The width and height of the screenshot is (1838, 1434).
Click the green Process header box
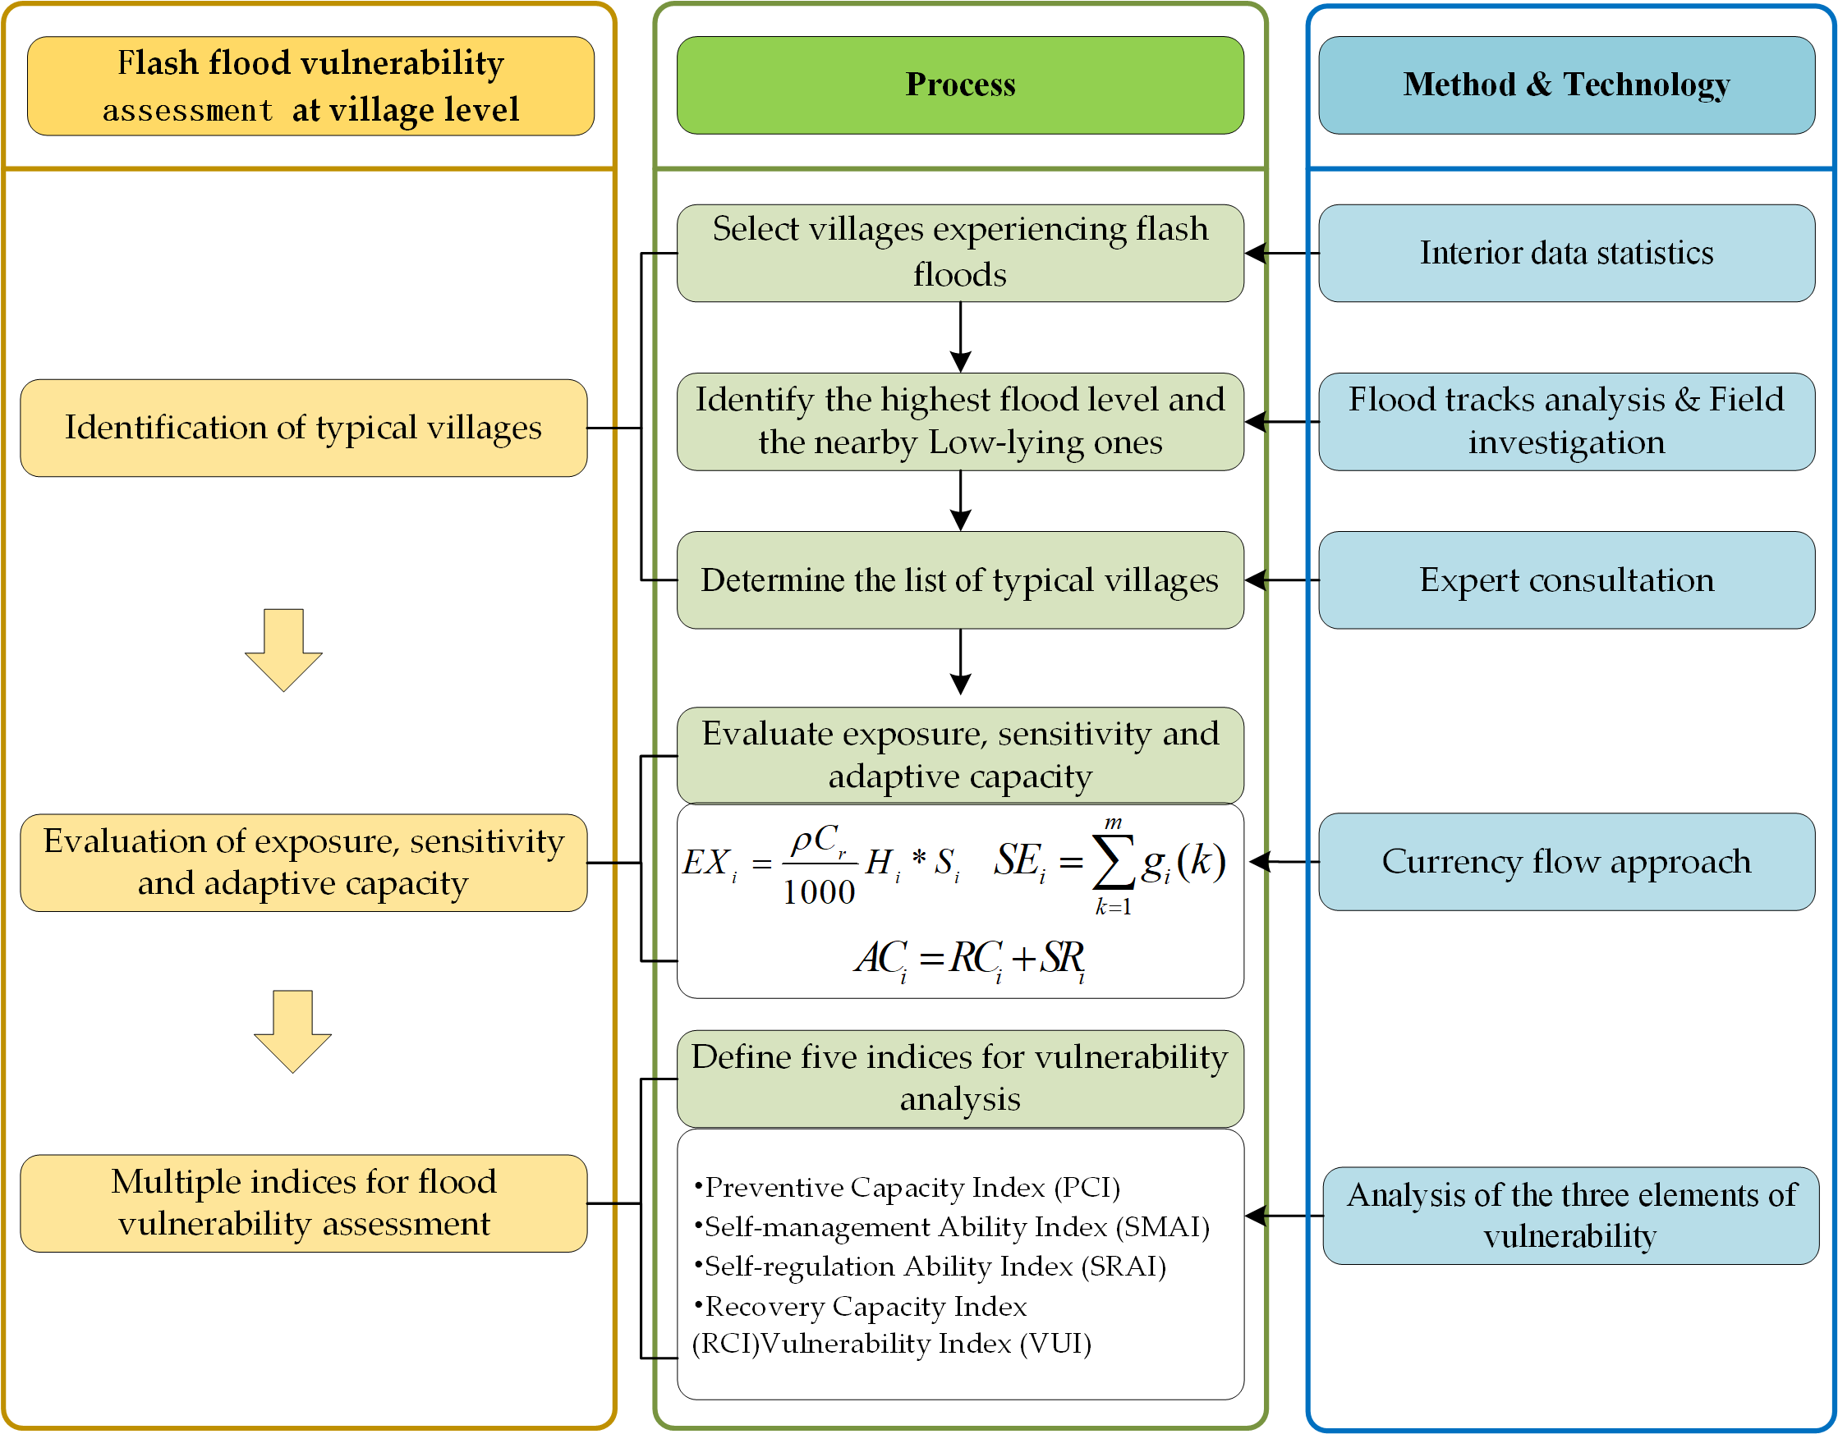point(959,85)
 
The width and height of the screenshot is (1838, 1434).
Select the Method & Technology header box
point(1565,85)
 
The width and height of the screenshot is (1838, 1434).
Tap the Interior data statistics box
point(1565,253)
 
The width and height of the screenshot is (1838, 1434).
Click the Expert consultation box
point(1565,580)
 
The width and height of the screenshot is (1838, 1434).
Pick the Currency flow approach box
point(1565,862)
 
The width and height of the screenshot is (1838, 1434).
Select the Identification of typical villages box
point(303,428)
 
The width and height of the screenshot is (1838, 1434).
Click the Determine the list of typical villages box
point(959,580)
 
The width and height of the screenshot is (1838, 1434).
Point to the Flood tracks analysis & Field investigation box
point(1565,421)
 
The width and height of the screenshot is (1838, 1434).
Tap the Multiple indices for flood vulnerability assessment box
point(303,1203)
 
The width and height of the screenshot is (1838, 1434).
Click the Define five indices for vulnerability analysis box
point(959,1079)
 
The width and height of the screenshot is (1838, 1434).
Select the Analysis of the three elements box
point(1570,1216)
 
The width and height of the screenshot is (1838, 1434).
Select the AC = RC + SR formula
point(969,959)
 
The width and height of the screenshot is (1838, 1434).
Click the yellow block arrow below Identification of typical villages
point(283,650)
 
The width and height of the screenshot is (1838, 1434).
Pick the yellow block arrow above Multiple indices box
point(293,1031)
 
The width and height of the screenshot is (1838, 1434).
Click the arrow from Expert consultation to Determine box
point(1281,580)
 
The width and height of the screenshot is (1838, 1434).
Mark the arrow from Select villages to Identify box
point(960,337)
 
